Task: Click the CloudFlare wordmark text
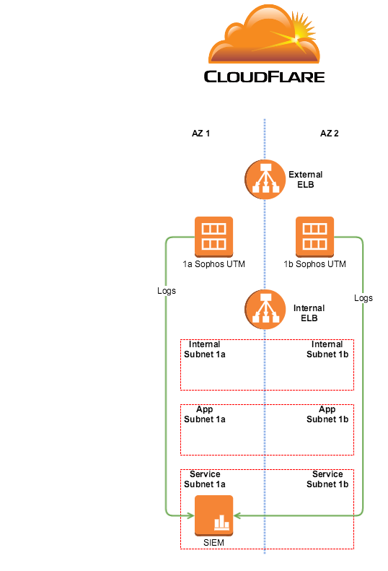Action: coord(264,77)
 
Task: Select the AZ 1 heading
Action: coord(201,134)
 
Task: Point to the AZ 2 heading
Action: coord(330,134)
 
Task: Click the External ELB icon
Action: coord(265,179)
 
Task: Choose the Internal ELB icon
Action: coord(265,309)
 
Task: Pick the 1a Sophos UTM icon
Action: coord(213,237)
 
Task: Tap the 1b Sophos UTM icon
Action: coord(315,237)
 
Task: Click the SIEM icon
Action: coord(213,515)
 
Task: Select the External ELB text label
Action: coord(306,180)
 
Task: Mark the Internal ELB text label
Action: coord(309,313)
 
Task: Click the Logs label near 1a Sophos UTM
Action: coord(167,291)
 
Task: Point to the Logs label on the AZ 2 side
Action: coord(363,298)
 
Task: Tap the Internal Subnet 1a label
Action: coord(205,349)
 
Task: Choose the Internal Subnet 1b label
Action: coord(327,349)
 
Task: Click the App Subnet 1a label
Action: coord(205,414)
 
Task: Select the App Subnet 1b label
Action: coord(327,414)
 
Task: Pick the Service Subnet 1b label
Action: coord(327,479)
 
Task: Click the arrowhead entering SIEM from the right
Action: coord(237,515)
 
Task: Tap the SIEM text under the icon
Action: coord(213,543)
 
